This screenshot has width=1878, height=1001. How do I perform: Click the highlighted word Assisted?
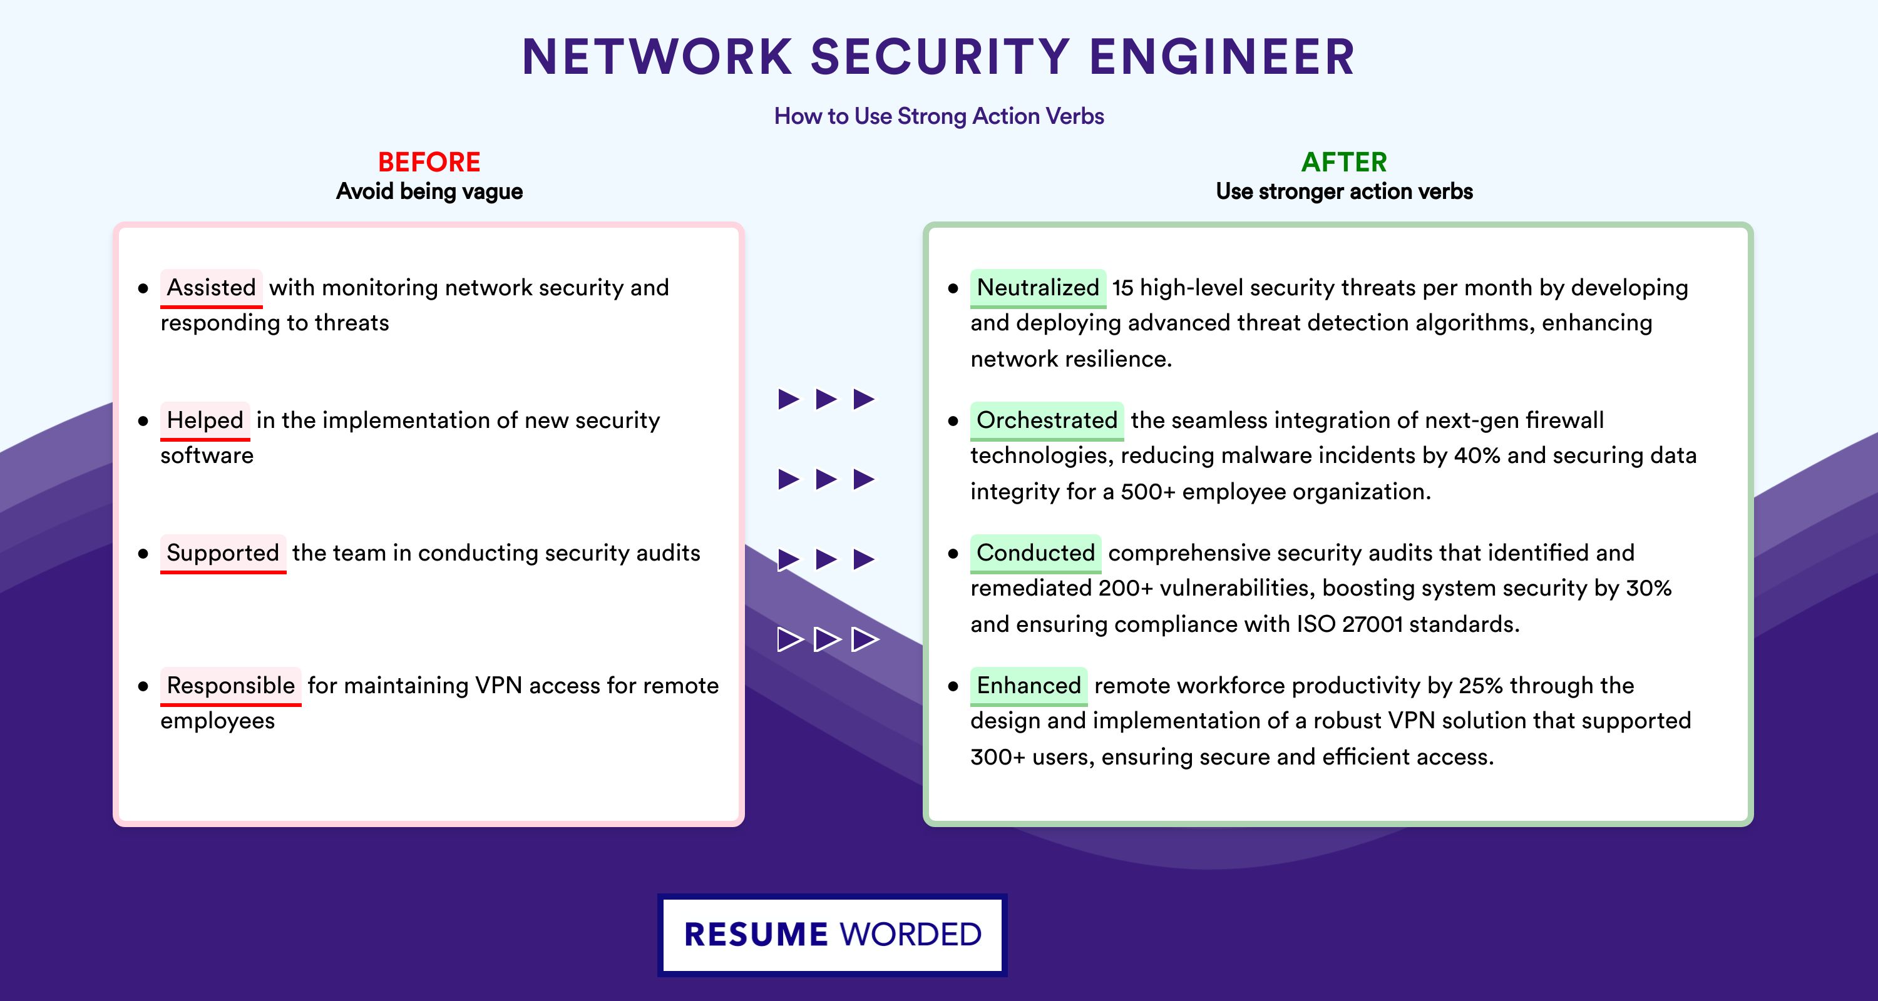212,288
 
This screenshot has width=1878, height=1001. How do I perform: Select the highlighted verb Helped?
205,420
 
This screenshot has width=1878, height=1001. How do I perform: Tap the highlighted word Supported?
223,553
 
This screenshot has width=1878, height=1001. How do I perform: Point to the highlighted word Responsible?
230,686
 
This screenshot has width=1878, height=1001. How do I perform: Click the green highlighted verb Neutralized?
1038,288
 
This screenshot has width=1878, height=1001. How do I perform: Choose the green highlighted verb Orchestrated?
1047,420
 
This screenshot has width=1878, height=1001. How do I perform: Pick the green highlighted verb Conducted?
1036,553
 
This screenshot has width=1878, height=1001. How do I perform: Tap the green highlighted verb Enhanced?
1029,686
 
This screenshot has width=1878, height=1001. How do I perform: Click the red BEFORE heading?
429,162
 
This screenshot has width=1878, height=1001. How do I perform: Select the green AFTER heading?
1345,162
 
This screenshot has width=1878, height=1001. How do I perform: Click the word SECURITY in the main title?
940,57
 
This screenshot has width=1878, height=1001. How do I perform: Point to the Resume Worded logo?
833,935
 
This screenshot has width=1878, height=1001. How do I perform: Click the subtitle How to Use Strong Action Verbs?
939,116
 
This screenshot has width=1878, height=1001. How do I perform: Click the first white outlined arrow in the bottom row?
790,639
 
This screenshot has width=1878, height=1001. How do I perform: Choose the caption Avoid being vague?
429,191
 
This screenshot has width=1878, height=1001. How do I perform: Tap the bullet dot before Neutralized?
953,288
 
